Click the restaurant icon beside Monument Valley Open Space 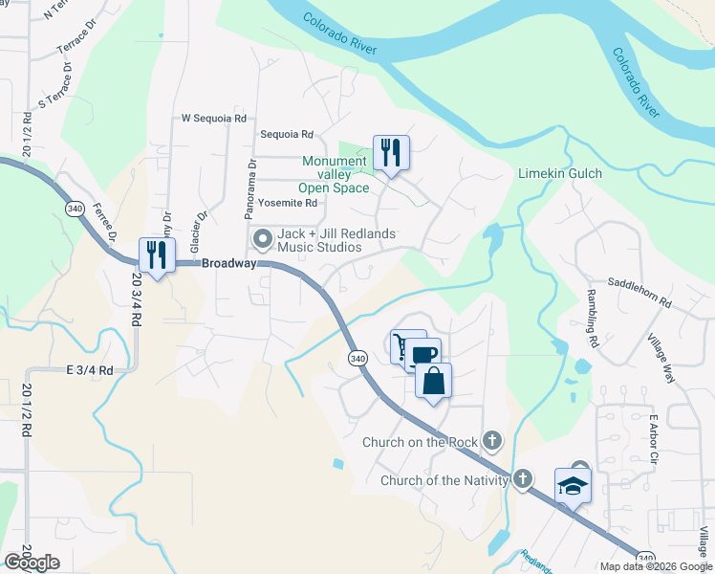[x=391, y=153]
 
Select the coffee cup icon [x=424, y=355]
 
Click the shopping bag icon [x=433, y=381]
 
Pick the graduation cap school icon [x=574, y=486]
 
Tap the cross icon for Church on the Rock [x=491, y=440]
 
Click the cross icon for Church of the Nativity [x=522, y=478]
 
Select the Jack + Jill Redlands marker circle [x=261, y=237]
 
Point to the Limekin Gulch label [x=559, y=173]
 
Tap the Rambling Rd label [x=593, y=317]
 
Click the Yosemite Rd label [x=287, y=203]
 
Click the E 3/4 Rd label [x=90, y=370]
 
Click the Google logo [x=32, y=563]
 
